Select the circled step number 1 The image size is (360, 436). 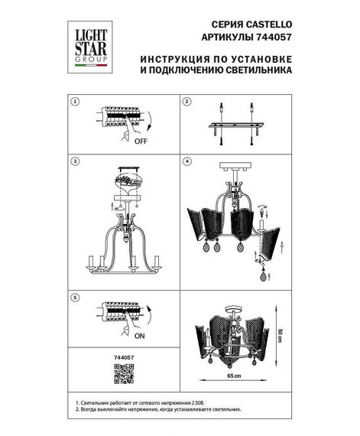click(x=74, y=101)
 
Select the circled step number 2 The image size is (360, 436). click(x=186, y=101)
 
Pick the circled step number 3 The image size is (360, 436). click(x=74, y=162)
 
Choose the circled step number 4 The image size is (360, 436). click(x=186, y=162)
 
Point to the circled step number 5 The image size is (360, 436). click(x=74, y=296)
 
